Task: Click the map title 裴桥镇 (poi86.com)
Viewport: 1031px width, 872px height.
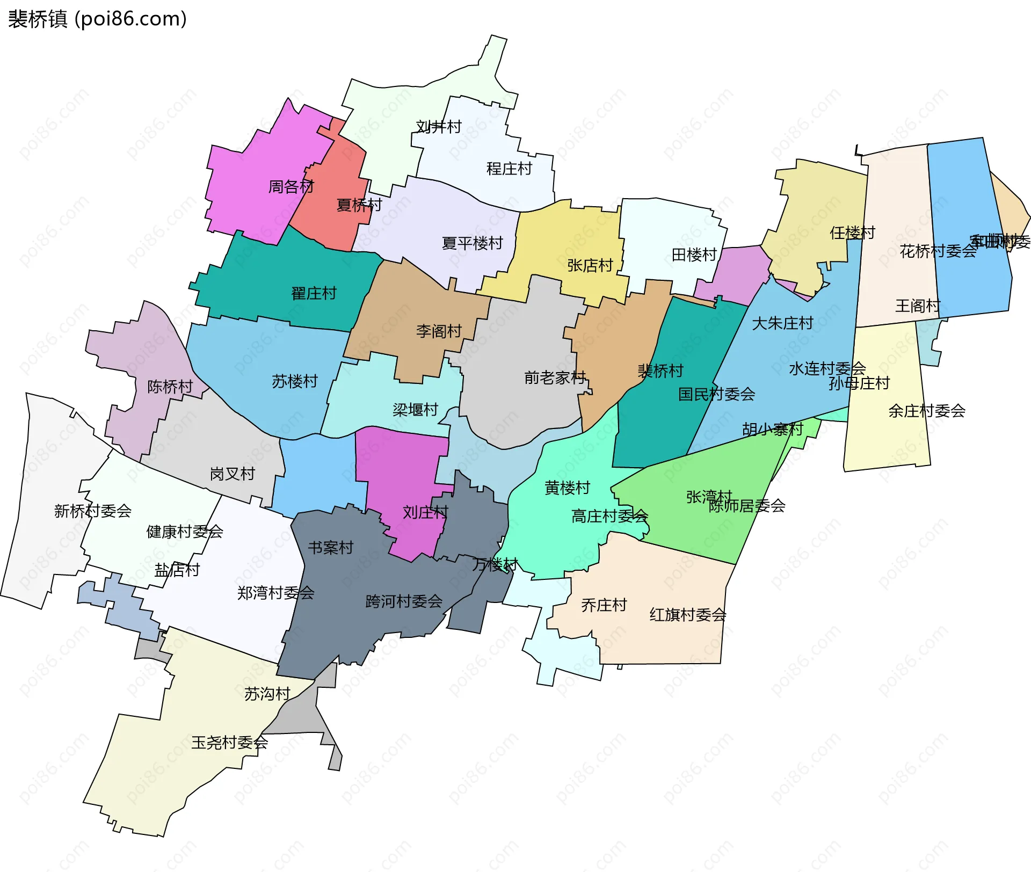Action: pyautogui.click(x=97, y=19)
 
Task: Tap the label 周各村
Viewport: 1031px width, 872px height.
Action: pyautogui.click(x=291, y=187)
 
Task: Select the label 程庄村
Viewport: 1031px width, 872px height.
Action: pyautogui.click(x=509, y=169)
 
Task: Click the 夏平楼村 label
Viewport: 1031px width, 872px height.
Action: pyautogui.click(x=472, y=243)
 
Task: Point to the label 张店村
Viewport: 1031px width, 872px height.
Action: pyautogui.click(x=590, y=265)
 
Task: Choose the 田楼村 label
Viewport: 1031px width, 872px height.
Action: pyautogui.click(x=694, y=255)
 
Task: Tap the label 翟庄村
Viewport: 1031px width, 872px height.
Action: pyautogui.click(x=314, y=293)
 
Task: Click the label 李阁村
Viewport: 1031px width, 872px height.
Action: pyautogui.click(x=439, y=331)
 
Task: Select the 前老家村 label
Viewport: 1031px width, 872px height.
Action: pyautogui.click(x=555, y=378)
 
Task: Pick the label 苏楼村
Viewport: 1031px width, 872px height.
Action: pyautogui.click(x=295, y=381)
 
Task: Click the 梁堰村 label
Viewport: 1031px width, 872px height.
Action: pyautogui.click(x=415, y=410)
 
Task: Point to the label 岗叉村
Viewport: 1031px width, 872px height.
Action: pyautogui.click(x=232, y=474)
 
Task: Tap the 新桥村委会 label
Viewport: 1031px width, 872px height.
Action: pyautogui.click(x=93, y=511)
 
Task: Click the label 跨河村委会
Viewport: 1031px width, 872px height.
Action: pyautogui.click(x=404, y=601)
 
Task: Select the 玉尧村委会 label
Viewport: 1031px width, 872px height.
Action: pyautogui.click(x=230, y=743)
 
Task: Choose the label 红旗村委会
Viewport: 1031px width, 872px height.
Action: pyautogui.click(x=688, y=615)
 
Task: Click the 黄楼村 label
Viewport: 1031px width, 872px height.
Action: pyautogui.click(x=567, y=488)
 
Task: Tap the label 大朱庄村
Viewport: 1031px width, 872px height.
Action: pyautogui.click(x=782, y=323)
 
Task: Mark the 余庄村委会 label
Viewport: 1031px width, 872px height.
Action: pyautogui.click(x=927, y=411)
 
